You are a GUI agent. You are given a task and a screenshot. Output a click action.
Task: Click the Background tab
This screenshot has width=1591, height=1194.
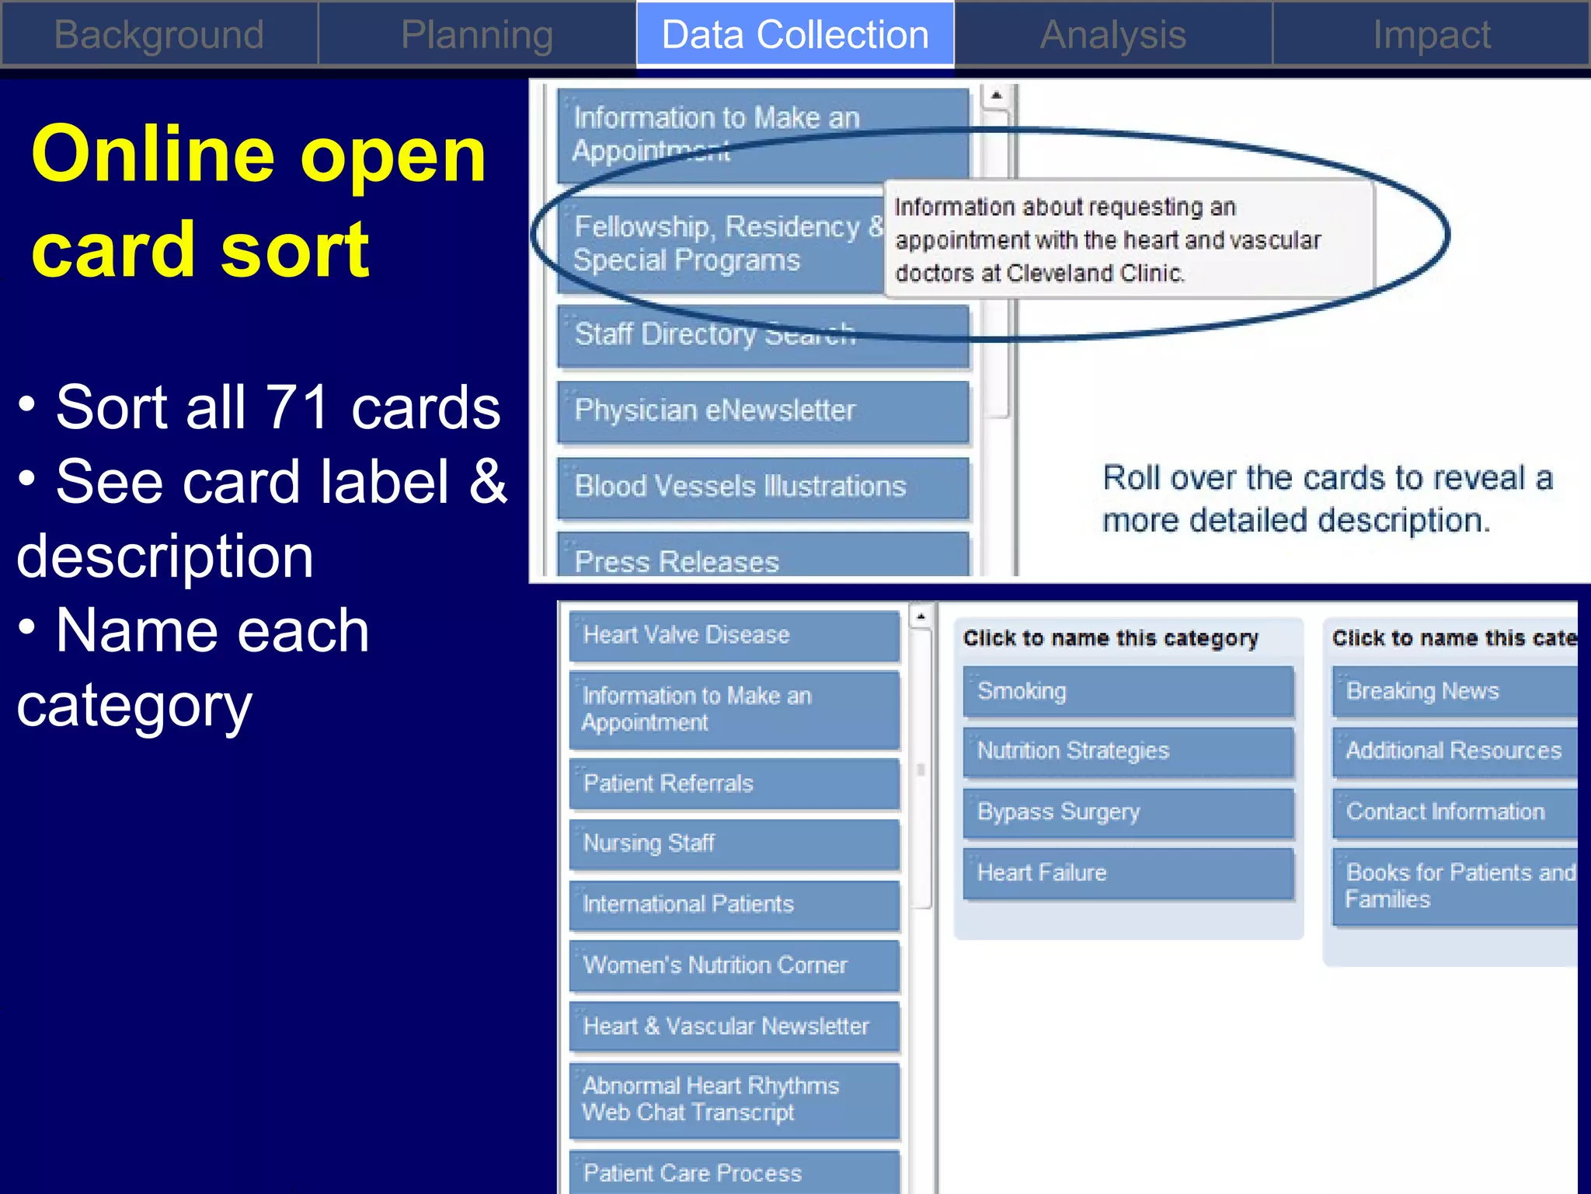158,35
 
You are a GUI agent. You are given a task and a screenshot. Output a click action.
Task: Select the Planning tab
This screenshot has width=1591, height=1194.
477,35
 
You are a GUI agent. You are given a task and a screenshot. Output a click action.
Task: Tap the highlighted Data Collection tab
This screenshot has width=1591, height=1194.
795,35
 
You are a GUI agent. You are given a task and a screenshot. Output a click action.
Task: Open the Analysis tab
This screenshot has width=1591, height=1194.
1112,35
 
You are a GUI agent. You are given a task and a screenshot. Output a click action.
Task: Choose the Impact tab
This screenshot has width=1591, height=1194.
1431,35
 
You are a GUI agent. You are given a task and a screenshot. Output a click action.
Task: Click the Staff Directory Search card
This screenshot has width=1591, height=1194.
763,335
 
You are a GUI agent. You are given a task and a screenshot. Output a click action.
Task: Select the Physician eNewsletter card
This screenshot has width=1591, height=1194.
763,410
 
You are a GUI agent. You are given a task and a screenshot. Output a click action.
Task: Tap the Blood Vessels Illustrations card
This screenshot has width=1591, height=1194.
763,487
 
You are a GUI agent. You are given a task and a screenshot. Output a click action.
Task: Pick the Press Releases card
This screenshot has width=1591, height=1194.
763,560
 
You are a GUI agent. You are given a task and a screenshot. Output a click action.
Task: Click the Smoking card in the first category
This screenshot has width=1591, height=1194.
1128,691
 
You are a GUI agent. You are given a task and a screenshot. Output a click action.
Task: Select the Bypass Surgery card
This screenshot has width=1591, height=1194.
1128,812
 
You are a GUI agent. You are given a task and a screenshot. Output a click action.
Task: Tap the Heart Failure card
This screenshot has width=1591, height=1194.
1128,873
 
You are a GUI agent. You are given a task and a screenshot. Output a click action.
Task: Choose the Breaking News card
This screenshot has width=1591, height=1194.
1453,691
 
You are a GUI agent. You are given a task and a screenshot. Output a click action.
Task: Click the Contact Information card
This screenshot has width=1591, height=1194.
1453,812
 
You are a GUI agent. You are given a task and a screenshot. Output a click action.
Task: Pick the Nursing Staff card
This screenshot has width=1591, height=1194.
733,843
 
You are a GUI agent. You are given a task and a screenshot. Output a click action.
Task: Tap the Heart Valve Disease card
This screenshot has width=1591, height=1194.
733,635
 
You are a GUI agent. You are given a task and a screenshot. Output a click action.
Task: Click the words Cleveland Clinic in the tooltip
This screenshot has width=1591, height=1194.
1095,274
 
